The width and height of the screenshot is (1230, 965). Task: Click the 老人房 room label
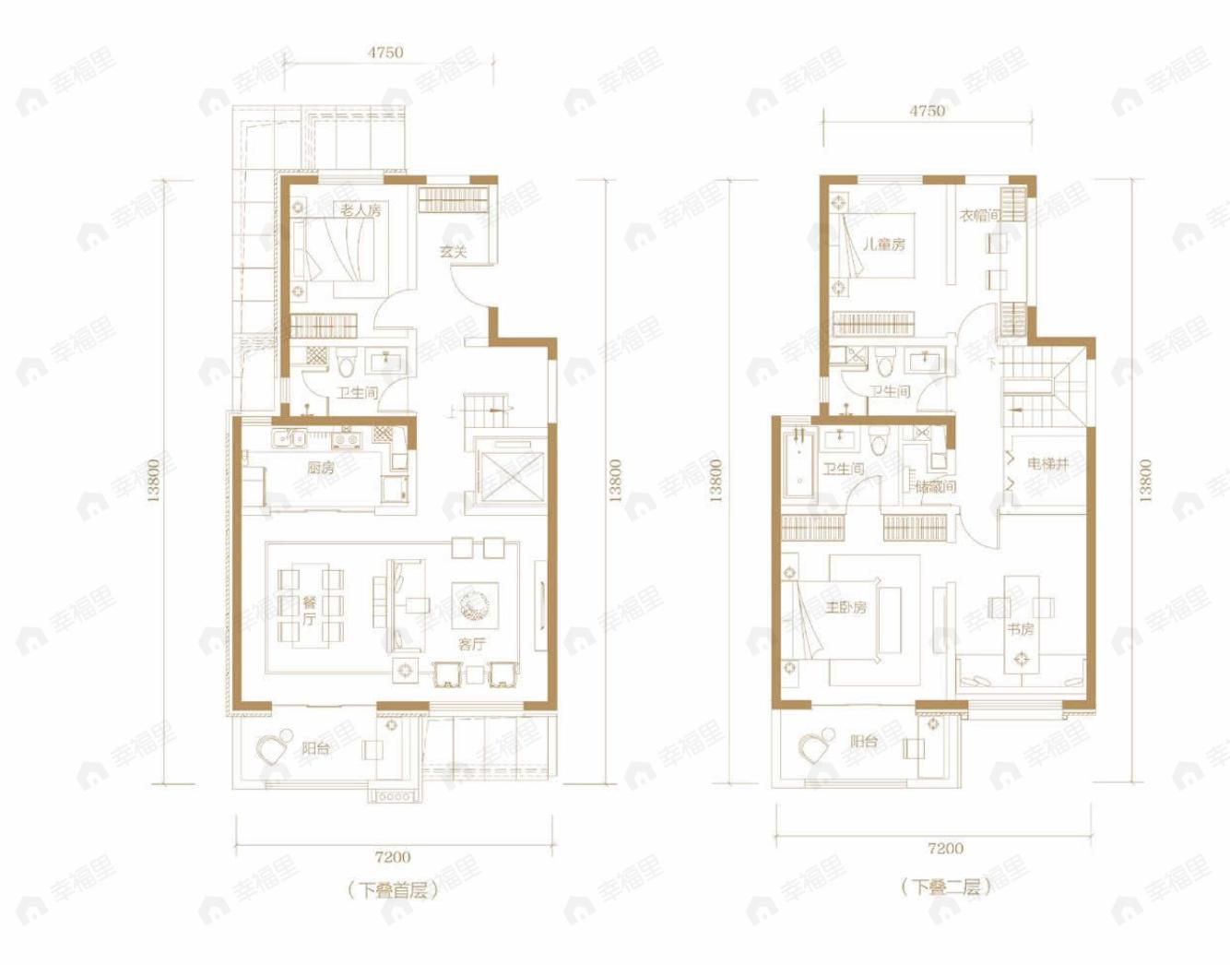(x=360, y=210)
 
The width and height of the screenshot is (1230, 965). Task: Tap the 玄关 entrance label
(x=453, y=251)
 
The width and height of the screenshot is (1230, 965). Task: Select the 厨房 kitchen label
(x=321, y=468)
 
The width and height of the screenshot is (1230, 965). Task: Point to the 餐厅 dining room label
(x=310, y=611)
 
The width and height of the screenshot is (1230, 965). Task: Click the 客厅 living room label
(x=472, y=644)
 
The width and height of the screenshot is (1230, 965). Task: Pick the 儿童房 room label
(x=884, y=244)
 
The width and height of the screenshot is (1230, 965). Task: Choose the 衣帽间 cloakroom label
(x=979, y=215)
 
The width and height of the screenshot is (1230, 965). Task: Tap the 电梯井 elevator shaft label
(x=1048, y=463)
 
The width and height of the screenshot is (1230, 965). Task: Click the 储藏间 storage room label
(x=935, y=486)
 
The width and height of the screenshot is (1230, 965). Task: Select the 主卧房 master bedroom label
(x=846, y=607)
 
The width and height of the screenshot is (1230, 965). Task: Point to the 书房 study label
(x=1020, y=629)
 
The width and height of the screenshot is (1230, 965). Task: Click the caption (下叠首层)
(x=393, y=890)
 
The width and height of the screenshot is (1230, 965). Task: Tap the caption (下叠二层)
(x=945, y=887)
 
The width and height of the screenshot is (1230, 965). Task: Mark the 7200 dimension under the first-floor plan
(x=393, y=857)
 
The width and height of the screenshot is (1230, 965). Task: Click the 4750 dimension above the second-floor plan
(x=927, y=111)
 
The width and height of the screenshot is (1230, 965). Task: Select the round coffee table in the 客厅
(x=475, y=605)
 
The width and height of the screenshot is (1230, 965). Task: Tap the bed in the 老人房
(x=336, y=249)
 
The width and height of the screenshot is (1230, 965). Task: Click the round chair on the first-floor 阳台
(x=273, y=748)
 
